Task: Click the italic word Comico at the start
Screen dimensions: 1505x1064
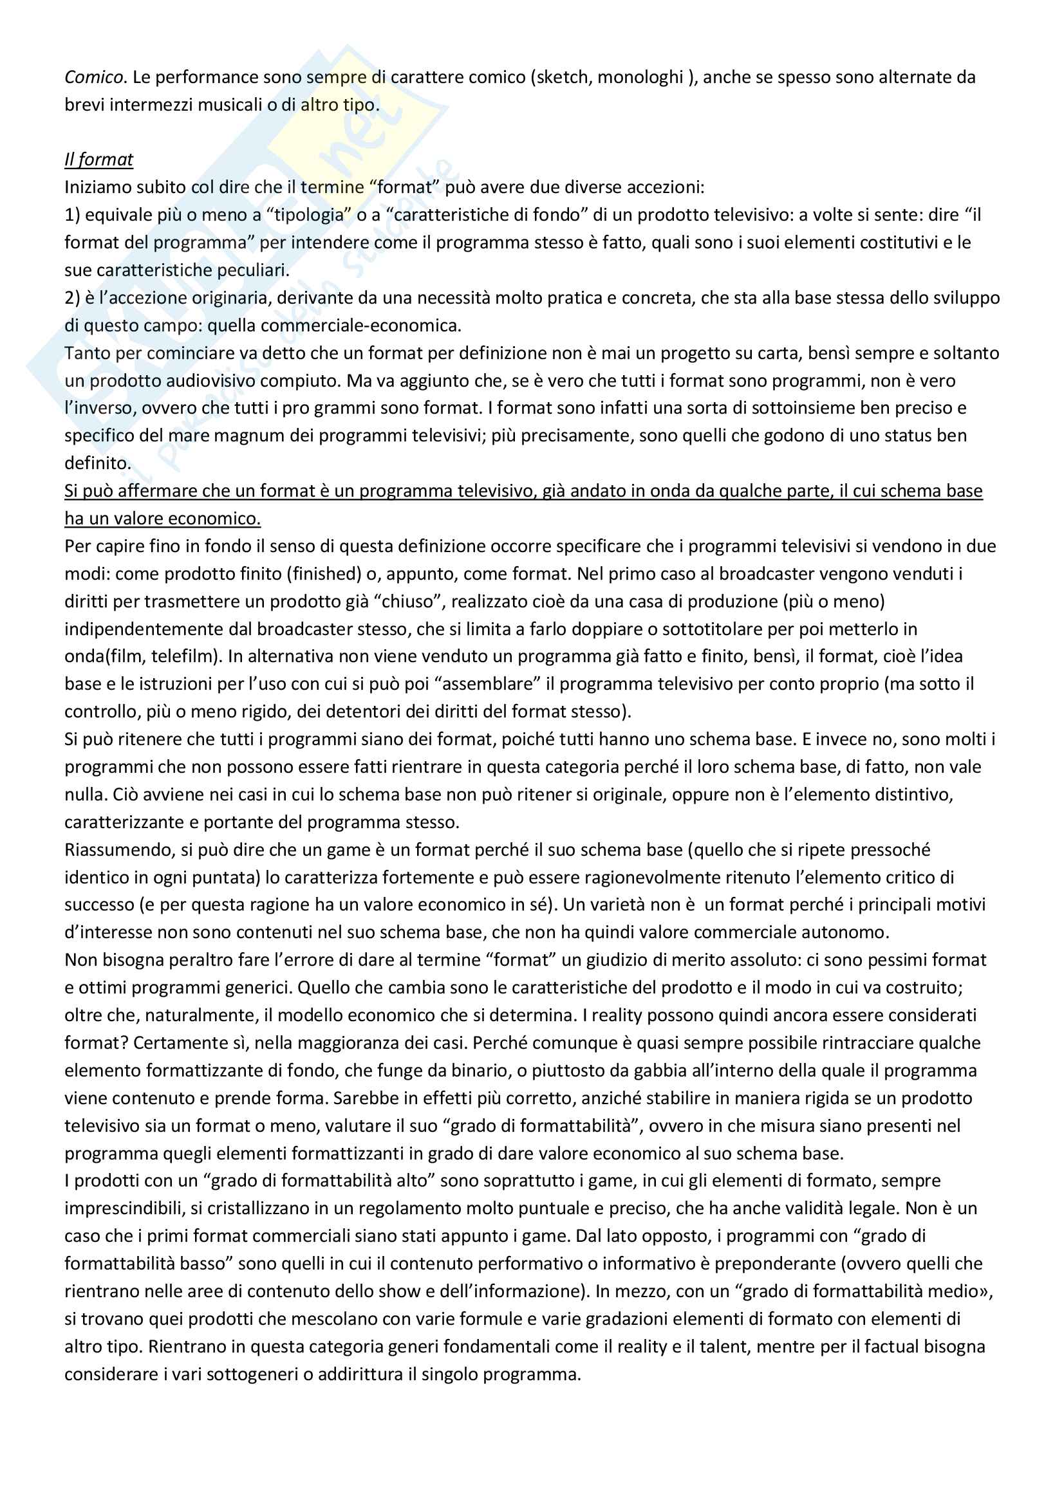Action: [94, 77]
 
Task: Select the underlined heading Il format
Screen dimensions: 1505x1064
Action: [98, 160]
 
